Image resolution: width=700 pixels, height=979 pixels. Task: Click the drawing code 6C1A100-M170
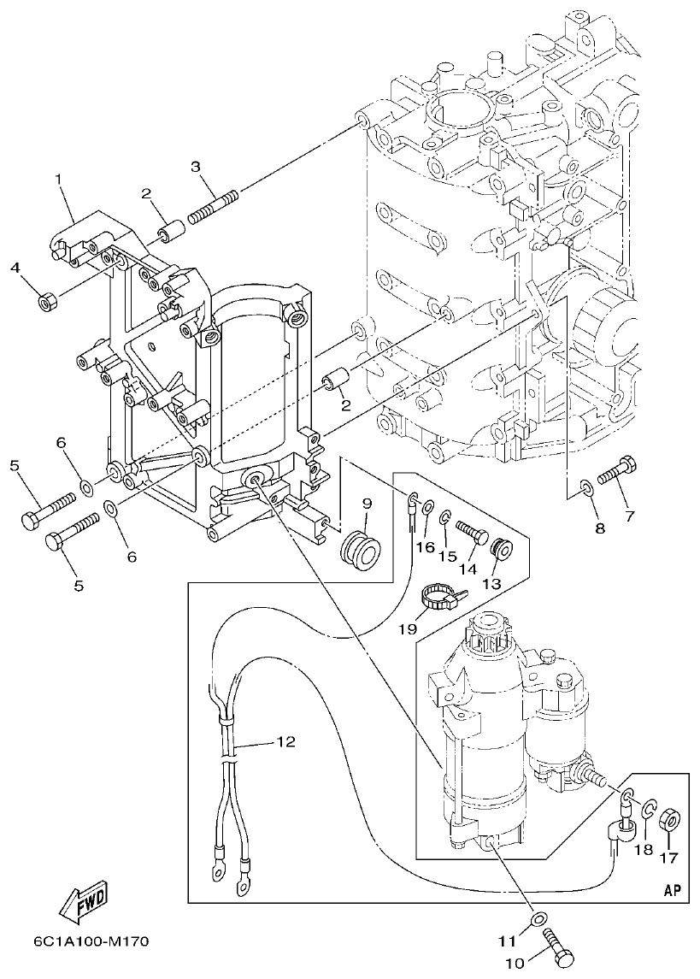tap(91, 941)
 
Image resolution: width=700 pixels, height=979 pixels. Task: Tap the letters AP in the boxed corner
tap(672, 890)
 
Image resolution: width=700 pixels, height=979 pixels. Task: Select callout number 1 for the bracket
tap(58, 180)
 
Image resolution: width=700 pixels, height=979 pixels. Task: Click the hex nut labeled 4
tap(49, 300)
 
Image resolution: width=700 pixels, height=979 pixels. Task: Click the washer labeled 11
tap(536, 919)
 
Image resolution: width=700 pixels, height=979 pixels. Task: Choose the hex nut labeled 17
tap(671, 822)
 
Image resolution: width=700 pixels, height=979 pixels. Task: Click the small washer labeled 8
tap(585, 488)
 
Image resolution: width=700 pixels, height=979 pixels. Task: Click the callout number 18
tap(644, 850)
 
